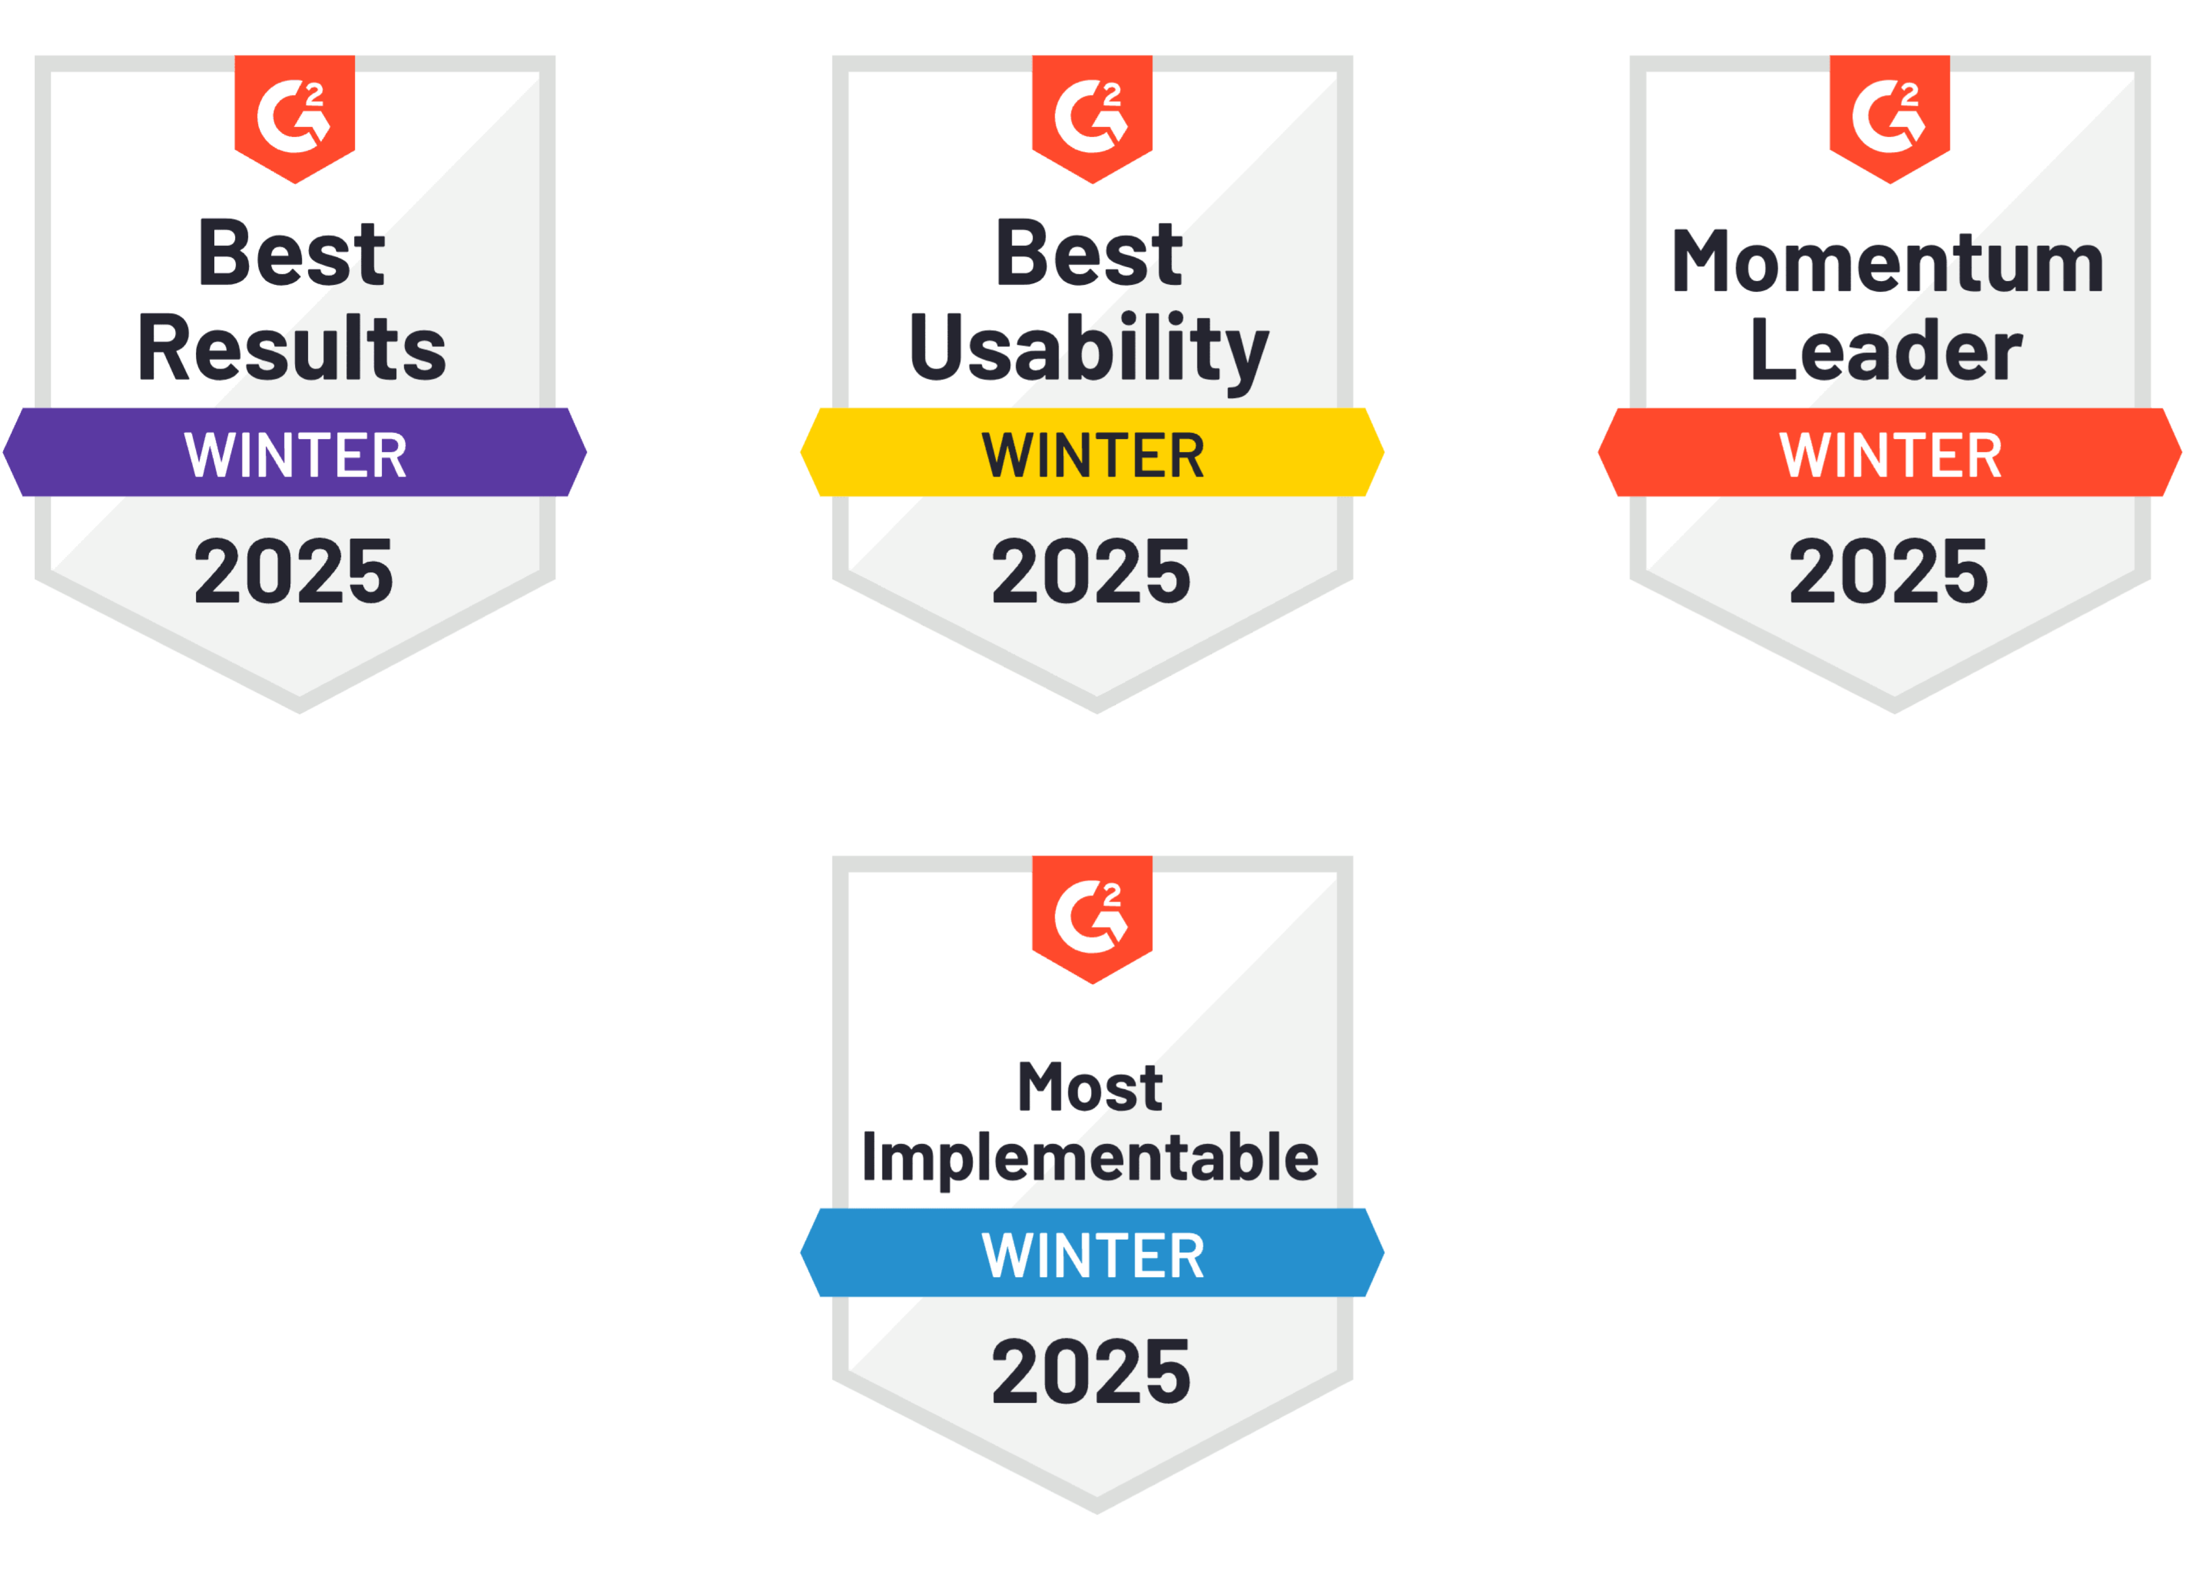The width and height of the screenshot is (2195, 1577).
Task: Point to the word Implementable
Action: [x=1090, y=1159]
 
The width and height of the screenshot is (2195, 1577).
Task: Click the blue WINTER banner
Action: [x=1093, y=1253]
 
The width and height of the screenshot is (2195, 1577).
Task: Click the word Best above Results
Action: [x=291, y=253]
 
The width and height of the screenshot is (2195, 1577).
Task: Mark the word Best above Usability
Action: [x=1089, y=253]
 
